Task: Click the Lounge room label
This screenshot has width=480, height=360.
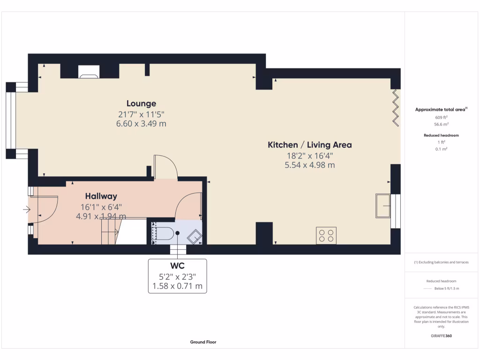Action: [x=141, y=104]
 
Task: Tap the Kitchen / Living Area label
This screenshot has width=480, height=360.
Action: [x=309, y=145]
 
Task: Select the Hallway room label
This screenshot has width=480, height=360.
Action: [x=101, y=196]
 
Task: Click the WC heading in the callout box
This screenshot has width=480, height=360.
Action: [x=177, y=266]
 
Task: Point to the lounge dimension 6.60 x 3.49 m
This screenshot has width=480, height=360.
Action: [x=141, y=124]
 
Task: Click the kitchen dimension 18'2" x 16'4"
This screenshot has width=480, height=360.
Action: [x=309, y=155]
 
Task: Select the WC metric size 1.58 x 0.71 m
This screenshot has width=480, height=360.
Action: [x=177, y=285]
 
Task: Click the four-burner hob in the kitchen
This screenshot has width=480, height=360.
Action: [x=326, y=235]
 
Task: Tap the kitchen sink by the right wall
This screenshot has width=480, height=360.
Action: [x=383, y=205]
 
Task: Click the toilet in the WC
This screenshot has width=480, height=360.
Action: [x=165, y=233]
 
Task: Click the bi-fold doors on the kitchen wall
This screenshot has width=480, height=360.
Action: [x=396, y=107]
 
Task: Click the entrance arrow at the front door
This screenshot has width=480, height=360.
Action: [x=25, y=210]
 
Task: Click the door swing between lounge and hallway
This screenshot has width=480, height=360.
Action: [x=165, y=167]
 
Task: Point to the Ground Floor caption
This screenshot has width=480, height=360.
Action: [x=203, y=342]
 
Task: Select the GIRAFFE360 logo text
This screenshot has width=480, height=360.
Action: [x=441, y=336]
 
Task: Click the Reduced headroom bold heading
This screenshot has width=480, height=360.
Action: [x=441, y=135]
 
